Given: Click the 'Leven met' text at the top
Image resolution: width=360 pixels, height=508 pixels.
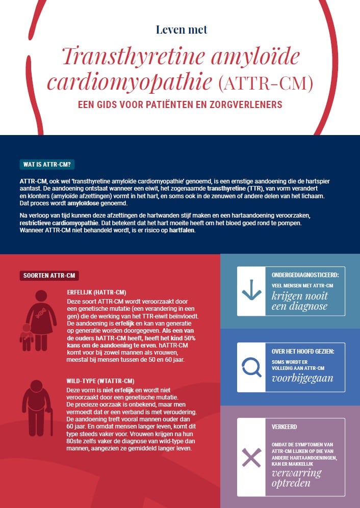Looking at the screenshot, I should [x=182, y=29].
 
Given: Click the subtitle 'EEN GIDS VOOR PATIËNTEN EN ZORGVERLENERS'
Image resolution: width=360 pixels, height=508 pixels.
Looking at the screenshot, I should [x=179, y=105].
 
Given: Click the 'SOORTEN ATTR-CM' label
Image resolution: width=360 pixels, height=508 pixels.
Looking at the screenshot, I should [x=49, y=276].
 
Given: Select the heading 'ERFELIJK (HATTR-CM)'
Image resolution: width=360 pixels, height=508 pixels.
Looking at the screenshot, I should [x=96, y=292].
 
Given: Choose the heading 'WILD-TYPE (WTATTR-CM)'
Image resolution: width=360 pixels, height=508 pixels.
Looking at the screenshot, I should [x=100, y=381].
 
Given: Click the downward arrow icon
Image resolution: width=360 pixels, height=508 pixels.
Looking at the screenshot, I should [x=251, y=290].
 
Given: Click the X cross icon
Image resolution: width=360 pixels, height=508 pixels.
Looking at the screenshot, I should [x=251, y=457].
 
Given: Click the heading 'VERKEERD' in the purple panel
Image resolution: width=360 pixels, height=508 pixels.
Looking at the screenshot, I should [x=285, y=426].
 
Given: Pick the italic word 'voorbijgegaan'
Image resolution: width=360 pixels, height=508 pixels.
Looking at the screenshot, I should [x=302, y=379].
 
